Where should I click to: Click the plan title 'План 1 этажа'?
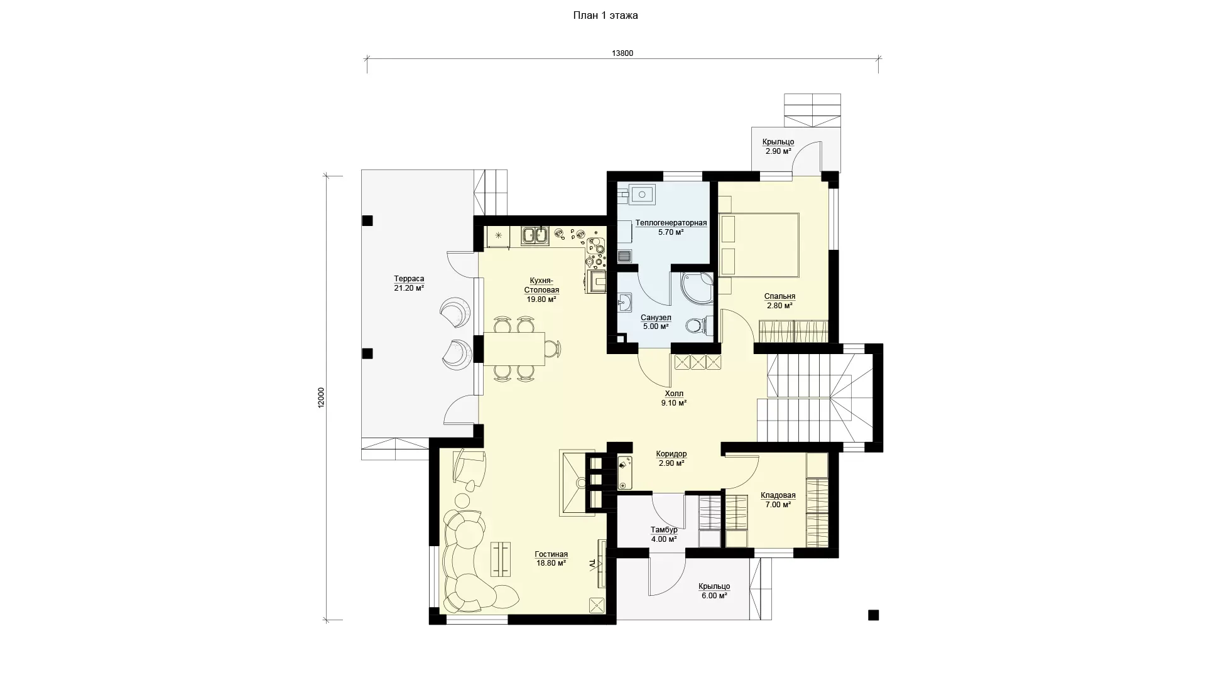tap(606, 16)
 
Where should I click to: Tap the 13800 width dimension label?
tap(622, 53)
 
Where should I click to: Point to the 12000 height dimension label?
tap(321, 398)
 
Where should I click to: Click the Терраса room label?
tap(409, 279)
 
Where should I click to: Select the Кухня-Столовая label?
tap(541, 286)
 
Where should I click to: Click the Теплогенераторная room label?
tap(671, 223)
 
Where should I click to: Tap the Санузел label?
tap(656, 318)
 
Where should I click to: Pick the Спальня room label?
tap(780, 296)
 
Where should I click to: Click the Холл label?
tap(674, 394)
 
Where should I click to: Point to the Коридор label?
tap(671, 454)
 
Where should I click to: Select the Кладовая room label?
tap(778, 495)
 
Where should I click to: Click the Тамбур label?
tap(664, 530)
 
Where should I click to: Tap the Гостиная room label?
tap(551, 554)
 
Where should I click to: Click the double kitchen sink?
tap(535, 235)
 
